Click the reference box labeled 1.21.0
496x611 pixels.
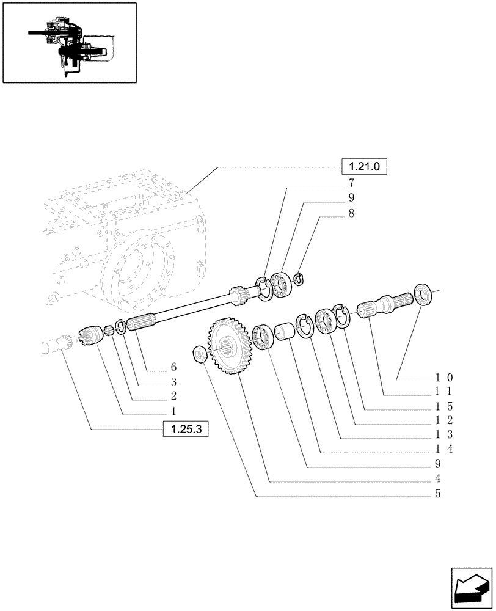365,166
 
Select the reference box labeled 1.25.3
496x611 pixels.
186,430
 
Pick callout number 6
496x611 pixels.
173,367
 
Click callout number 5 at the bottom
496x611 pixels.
437,494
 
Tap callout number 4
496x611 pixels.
437,478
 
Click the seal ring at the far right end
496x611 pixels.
423,294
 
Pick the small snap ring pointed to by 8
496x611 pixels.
298,279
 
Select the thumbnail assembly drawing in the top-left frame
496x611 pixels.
69,42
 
